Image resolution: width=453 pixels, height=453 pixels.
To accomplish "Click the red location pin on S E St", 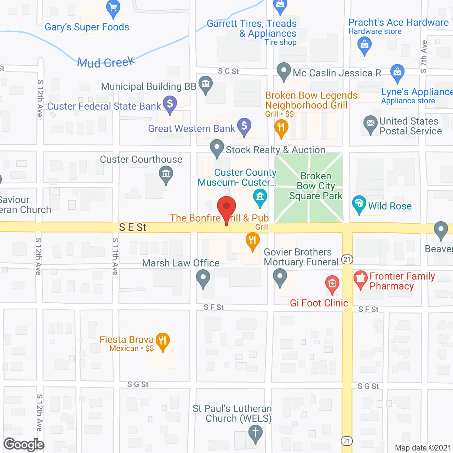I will (x=226, y=207).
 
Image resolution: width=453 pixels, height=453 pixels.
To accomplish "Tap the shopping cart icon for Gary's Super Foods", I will (x=113, y=8).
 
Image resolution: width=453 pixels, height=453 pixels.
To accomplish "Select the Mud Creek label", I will (x=106, y=63).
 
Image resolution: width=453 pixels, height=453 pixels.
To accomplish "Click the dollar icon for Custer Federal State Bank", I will (x=170, y=104).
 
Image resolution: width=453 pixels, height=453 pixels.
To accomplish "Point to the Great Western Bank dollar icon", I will (x=244, y=126).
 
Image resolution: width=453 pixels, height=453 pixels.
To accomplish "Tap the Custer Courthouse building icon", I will (x=166, y=174).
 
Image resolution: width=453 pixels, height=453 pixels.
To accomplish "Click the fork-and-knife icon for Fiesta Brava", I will (x=162, y=341).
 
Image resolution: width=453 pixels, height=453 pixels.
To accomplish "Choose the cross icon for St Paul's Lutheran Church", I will (x=256, y=432).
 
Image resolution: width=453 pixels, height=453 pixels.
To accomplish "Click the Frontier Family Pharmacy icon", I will (x=360, y=278).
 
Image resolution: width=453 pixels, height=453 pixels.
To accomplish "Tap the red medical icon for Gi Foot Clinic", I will (x=332, y=283).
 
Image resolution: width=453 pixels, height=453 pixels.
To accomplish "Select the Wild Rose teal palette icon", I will (x=359, y=203).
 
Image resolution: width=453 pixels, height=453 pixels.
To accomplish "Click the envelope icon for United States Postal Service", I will (x=371, y=123).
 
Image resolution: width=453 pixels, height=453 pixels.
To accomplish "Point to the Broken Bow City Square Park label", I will (x=316, y=186).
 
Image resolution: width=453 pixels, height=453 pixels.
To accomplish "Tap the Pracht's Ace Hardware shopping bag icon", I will (x=364, y=45).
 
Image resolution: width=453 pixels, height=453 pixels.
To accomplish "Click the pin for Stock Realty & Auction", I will (x=217, y=147).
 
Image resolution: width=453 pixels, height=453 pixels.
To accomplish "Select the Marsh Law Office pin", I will (x=203, y=277).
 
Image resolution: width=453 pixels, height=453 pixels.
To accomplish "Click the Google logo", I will (x=24, y=445).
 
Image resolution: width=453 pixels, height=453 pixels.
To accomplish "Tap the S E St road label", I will (x=132, y=227).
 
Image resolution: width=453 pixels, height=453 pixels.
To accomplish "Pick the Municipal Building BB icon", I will (x=206, y=84).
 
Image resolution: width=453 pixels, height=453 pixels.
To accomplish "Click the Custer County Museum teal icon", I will (x=260, y=196).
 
